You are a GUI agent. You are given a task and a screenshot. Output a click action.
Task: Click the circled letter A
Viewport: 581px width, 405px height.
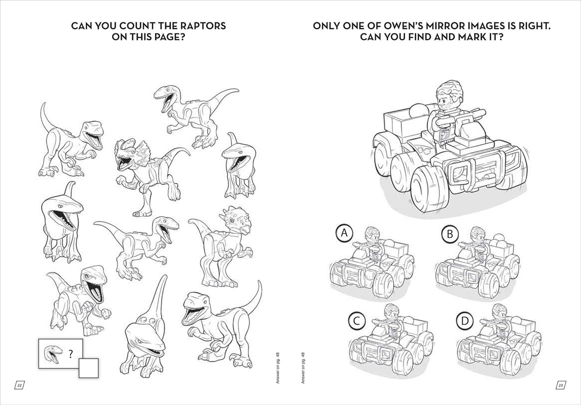(344, 233)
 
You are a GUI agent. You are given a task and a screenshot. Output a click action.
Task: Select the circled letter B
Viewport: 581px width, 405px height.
(450, 234)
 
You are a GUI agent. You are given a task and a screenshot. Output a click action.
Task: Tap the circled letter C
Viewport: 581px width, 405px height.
(357, 321)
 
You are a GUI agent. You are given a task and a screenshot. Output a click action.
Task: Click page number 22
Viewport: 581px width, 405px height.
(19, 385)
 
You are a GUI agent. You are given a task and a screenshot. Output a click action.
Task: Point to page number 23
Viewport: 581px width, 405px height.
(560, 385)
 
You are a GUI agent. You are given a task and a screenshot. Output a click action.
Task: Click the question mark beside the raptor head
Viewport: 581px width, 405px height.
(70, 354)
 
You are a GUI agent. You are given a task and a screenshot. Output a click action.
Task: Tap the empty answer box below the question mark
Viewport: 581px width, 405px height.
(88, 368)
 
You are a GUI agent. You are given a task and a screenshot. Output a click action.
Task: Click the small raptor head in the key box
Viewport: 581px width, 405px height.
(53, 354)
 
